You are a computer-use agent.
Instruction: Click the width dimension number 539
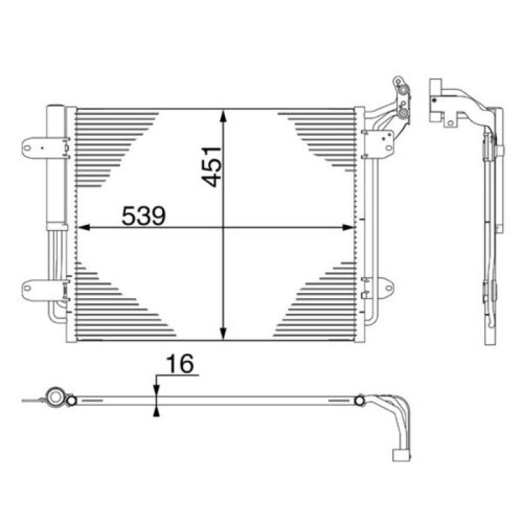pos(144,215)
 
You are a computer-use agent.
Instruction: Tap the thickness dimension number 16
pos(181,365)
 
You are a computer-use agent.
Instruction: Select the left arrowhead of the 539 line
pos(83,228)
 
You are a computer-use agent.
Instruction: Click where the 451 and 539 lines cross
pos(224,228)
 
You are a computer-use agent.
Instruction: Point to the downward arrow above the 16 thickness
pos(156,388)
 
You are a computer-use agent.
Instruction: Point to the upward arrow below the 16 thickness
pos(156,409)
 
